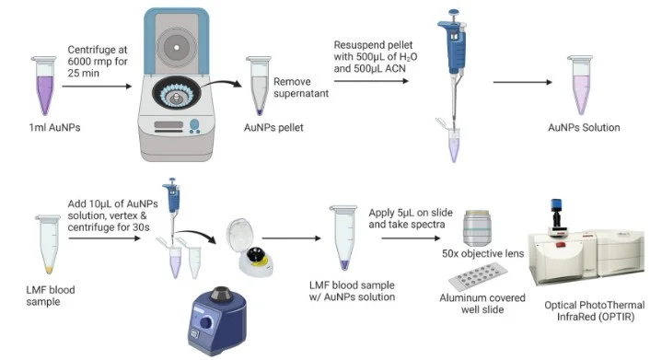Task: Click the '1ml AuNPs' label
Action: click(54, 127)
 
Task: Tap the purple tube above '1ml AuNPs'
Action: click(44, 86)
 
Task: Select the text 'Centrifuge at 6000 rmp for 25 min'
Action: click(98, 62)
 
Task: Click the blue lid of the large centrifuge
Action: click(176, 41)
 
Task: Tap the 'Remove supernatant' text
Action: click(300, 87)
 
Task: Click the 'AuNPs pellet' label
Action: click(273, 127)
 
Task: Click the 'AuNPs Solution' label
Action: click(584, 127)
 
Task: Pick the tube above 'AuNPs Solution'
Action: click(581, 85)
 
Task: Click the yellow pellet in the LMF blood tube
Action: click(49, 270)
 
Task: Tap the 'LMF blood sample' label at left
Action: click(51, 296)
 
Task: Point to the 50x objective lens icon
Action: click(479, 228)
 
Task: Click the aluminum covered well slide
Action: click(478, 277)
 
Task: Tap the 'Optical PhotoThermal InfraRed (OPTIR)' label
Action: click(595, 310)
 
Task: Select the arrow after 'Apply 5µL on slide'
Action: click(411, 238)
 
